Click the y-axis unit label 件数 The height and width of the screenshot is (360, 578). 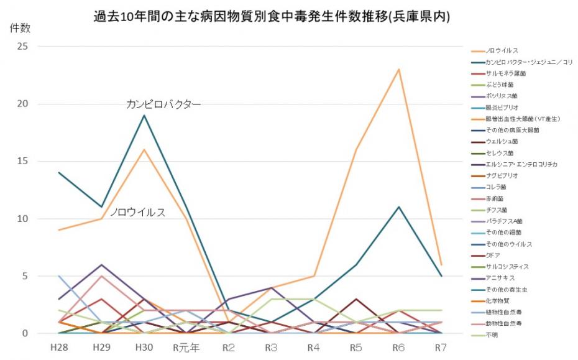pos(19,28)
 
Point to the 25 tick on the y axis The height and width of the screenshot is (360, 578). pos(24,47)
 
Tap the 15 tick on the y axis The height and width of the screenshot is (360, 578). pos(24,162)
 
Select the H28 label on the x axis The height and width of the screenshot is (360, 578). pos(60,347)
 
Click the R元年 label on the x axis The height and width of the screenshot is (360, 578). pos(186,347)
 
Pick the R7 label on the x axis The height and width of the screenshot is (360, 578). pos(441,347)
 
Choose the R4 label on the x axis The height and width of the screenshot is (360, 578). pos(314,347)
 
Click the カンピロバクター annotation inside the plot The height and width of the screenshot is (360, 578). pos(163,104)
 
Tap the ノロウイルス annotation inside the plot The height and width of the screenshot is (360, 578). pos(138,213)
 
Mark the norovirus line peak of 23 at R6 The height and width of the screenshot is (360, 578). pos(398,69)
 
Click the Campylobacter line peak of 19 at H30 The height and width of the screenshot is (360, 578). pos(144,115)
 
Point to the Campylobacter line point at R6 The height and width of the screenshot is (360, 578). pos(398,207)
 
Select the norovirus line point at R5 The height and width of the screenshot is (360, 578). pos(356,150)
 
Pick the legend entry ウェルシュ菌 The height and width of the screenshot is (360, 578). pos(502,142)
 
